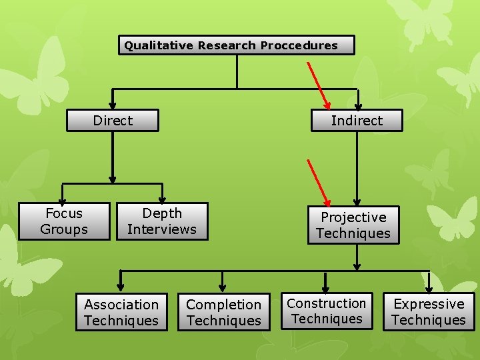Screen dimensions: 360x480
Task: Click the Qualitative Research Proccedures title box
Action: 237,45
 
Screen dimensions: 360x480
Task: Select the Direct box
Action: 113,121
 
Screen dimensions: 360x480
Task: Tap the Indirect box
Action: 357,121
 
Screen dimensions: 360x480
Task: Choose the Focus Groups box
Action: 64,221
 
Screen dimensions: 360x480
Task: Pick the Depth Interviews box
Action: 162,221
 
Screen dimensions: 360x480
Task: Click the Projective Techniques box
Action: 353,225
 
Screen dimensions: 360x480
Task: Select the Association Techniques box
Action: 121,313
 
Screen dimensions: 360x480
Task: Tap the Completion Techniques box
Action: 223,313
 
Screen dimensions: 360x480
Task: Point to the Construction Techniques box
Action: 327,311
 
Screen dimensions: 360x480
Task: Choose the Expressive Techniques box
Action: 429,312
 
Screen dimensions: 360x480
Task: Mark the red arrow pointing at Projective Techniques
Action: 319,182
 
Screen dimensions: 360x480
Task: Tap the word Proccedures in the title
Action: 299,45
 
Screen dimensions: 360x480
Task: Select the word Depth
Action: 162,213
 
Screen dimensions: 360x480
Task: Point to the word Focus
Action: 64,213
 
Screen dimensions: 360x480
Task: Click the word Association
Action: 121,305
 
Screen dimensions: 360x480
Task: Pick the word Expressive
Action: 429,304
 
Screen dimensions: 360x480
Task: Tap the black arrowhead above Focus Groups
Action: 63,199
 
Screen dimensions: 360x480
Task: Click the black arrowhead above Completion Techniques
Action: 223,287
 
